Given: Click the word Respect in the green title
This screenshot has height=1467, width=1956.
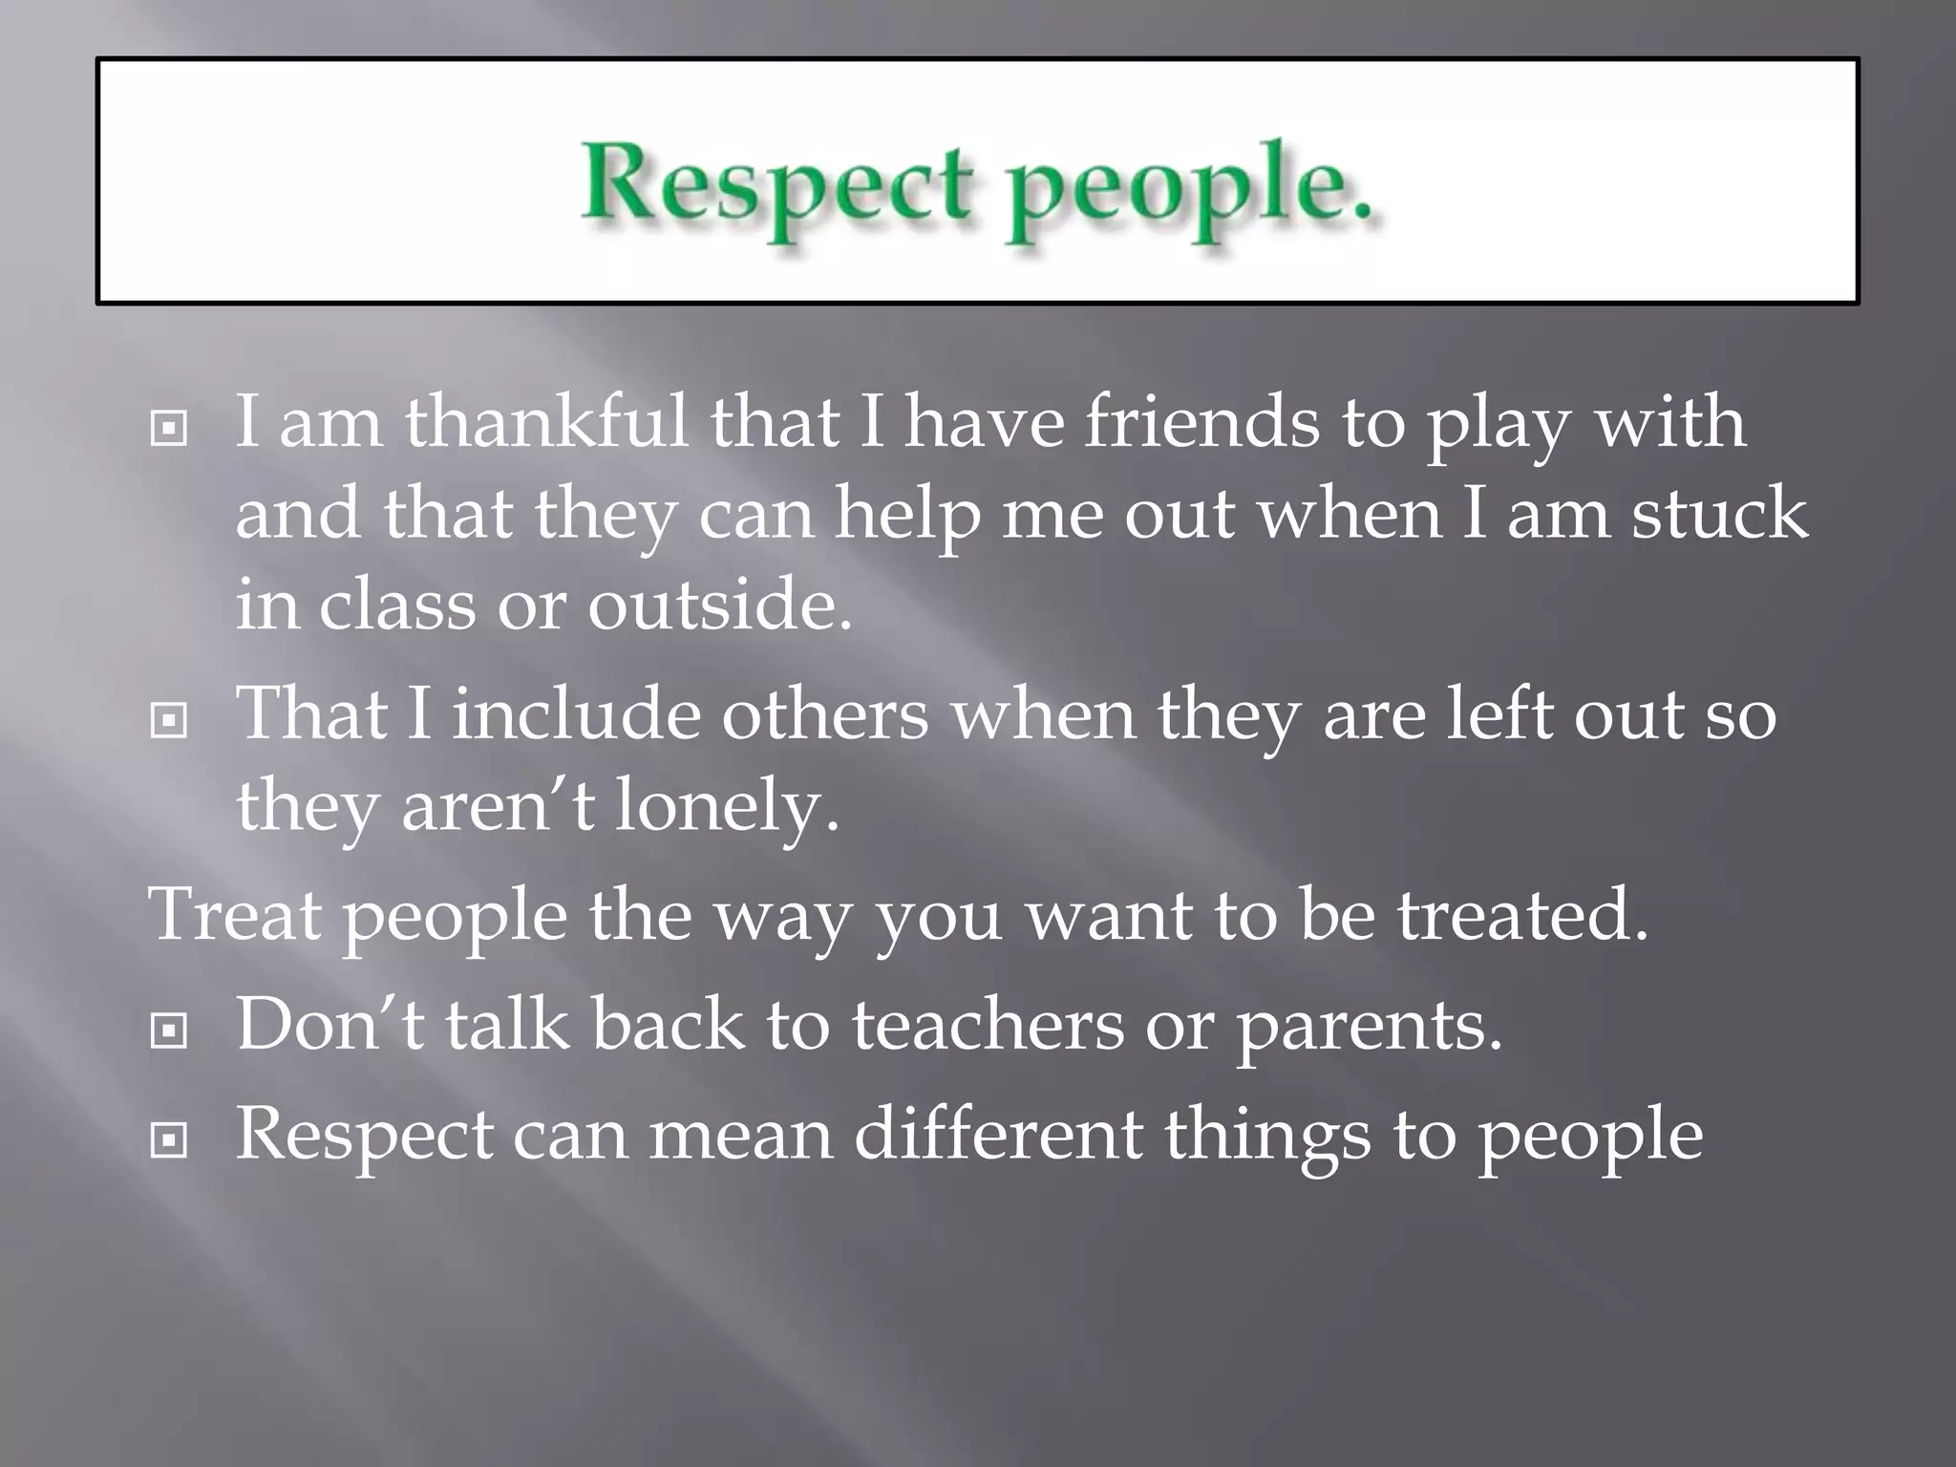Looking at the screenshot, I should click(776, 183).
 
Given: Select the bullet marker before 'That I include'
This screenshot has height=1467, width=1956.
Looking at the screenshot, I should click(169, 722).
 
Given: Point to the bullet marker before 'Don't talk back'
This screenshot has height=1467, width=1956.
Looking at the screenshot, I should click(169, 1031).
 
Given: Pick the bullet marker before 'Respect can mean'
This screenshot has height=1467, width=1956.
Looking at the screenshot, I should click(169, 1139).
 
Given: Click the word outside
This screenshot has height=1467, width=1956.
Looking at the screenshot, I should click(719, 605).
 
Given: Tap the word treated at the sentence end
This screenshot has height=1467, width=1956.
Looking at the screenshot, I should click(1522, 915).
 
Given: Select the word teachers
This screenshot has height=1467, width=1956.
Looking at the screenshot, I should click(988, 1024).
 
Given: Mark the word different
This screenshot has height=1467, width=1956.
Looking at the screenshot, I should click(997, 1134).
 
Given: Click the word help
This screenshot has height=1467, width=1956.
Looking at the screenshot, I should click(907, 516).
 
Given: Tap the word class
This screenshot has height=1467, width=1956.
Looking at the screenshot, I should click(396, 605).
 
